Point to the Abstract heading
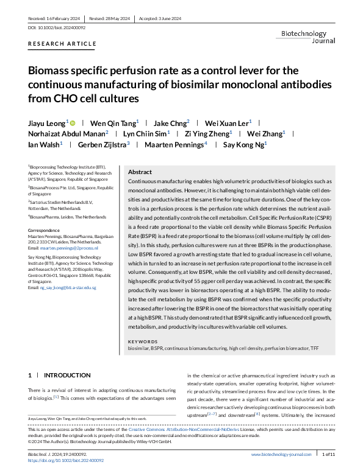tap(140, 172)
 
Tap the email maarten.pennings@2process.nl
tap(59, 248)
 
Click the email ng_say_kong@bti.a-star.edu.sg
tap(62, 287)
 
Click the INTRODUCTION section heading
tap(66, 375)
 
